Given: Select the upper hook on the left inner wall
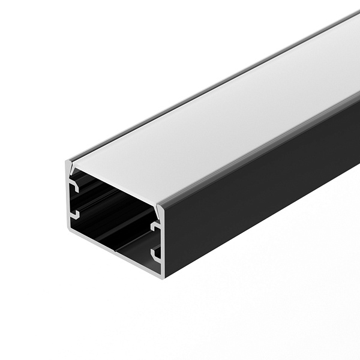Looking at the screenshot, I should pyautogui.click(x=74, y=188).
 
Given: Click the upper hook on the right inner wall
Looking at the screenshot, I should pyautogui.click(x=154, y=227).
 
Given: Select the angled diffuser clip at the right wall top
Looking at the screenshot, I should pyautogui.click(x=158, y=211).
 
